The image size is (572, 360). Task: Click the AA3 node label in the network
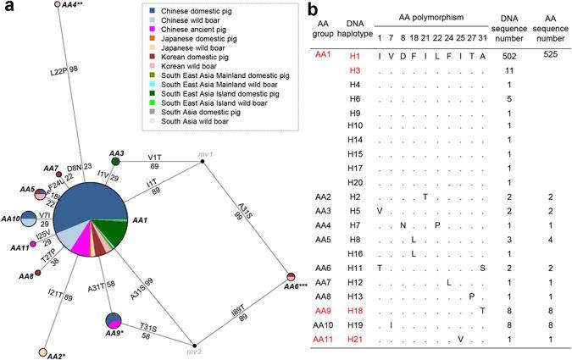click(116, 153)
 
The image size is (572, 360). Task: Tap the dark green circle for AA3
click(117, 165)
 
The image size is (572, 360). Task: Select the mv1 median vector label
click(203, 153)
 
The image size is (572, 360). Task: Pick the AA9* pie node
click(114, 321)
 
